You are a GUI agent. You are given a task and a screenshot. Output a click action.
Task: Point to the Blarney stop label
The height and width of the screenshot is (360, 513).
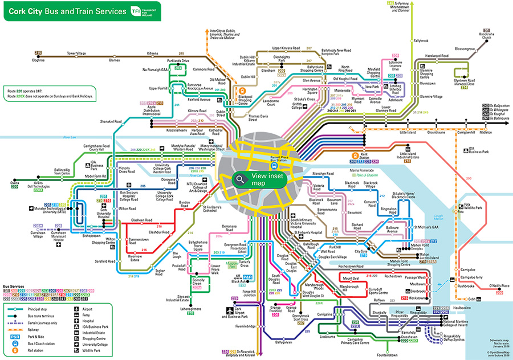(x=115, y=59)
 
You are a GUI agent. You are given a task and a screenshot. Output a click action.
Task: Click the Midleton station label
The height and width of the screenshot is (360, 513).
(x=485, y=132)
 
